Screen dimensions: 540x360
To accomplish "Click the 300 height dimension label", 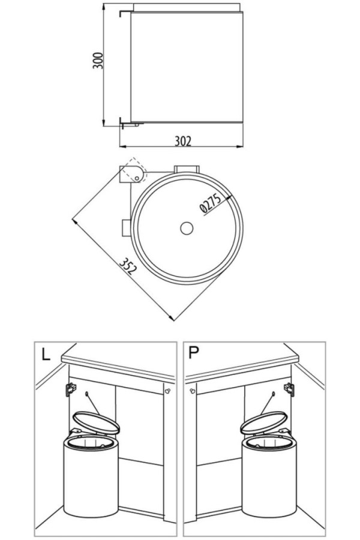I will [98, 60].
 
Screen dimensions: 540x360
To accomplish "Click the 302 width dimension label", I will [182, 141].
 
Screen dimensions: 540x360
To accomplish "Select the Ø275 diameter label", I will [211, 203].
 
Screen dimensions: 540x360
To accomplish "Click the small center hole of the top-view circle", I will [186, 228].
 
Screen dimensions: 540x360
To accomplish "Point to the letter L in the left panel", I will [46, 353].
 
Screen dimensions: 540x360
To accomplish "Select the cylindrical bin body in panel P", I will [269, 480].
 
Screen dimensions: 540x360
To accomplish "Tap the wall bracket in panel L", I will [70, 389].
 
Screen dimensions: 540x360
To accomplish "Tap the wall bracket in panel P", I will [290, 389].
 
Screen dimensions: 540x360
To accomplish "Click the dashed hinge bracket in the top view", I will [133, 173].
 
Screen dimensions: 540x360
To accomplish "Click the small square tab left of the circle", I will [126, 228].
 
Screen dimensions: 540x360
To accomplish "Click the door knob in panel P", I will [192, 391].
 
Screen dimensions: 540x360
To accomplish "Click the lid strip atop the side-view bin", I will [187, 8].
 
